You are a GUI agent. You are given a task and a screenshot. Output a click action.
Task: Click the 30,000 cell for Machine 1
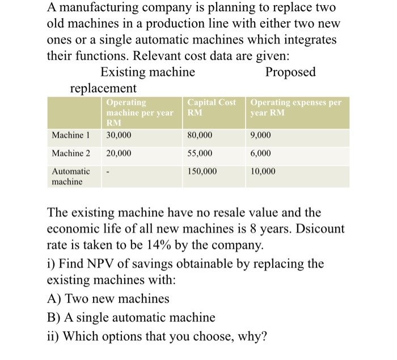119,135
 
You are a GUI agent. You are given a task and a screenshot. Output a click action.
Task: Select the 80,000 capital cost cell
200,135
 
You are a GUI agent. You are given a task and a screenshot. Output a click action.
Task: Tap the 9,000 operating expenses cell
260,135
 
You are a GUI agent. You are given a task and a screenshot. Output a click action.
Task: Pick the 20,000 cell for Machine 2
119,153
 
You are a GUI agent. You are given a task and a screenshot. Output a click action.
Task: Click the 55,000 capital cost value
200,153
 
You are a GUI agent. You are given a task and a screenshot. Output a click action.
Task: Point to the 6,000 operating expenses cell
260,153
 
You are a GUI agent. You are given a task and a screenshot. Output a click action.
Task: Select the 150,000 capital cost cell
201,171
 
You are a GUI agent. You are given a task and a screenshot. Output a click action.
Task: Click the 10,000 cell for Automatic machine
262,171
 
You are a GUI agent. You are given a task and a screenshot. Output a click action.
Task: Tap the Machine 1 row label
70,135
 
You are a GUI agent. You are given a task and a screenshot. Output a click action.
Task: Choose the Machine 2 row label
70,153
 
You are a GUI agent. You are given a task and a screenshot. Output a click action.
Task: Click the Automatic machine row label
70,176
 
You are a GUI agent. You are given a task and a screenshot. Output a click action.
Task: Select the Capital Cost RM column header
212,107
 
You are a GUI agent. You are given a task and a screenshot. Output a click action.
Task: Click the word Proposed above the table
290,73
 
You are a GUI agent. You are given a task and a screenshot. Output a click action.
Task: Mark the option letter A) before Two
54,298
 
